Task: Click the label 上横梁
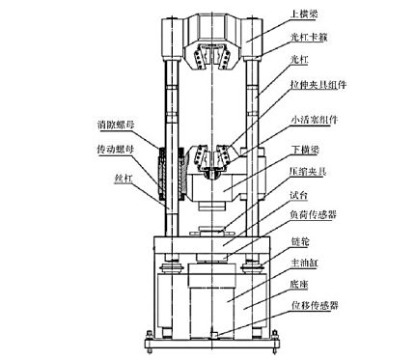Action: (304, 14)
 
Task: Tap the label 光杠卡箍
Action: (309, 38)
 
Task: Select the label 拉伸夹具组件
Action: (318, 85)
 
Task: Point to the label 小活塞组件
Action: (314, 120)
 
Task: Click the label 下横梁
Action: (305, 150)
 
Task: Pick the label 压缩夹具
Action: (308, 171)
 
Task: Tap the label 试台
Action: (299, 195)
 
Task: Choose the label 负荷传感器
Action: (313, 214)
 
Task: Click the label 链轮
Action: (300, 241)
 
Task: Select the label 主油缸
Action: (304, 263)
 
